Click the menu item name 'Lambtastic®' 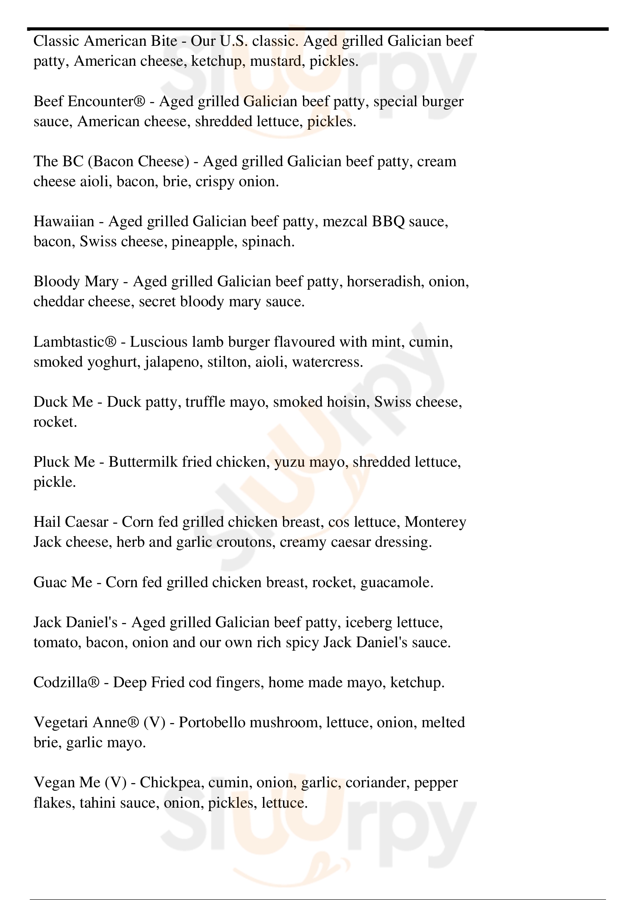(75, 342)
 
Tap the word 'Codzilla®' (66, 683)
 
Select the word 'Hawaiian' (64, 222)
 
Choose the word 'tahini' (98, 803)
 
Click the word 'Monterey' (435, 522)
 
